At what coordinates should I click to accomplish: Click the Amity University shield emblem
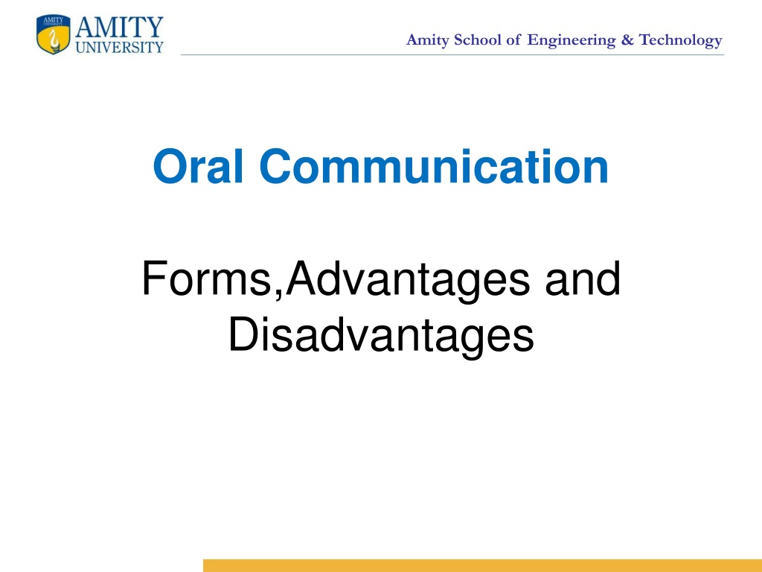click(54, 34)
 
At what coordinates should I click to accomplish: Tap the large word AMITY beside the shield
click(119, 27)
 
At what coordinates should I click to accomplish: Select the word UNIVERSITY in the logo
click(120, 47)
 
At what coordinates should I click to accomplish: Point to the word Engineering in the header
click(571, 41)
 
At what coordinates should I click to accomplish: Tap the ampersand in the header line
click(627, 40)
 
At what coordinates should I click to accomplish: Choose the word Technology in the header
click(680, 41)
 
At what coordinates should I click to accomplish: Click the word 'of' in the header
click(513, 39)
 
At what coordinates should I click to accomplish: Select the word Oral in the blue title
click(198, 166)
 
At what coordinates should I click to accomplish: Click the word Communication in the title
click(434, 166)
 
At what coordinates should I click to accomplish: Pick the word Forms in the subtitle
click(206, 278)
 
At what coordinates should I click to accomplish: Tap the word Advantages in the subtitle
click(408, 281)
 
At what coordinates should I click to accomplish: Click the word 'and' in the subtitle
click(583, 278)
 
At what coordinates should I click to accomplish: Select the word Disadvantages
click(382, 337)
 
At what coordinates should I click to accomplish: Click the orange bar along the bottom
click(482, 566)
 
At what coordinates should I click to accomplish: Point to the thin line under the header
click(452, 55)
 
